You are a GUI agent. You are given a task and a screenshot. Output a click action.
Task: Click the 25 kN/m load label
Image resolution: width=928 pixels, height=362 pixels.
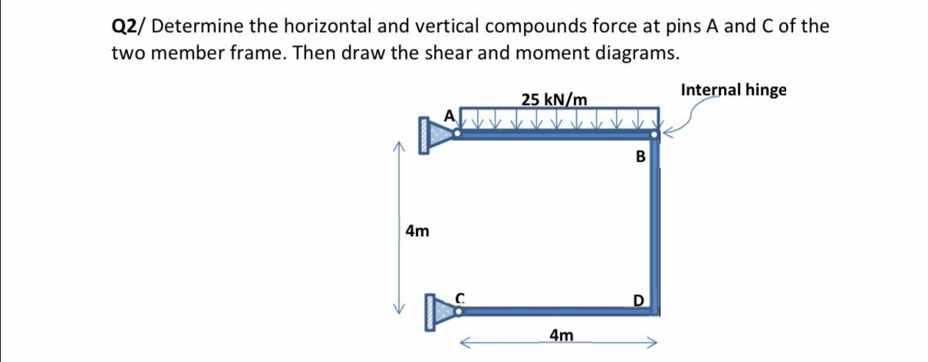554,100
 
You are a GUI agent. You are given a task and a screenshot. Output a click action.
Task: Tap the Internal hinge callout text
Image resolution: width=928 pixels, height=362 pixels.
733,90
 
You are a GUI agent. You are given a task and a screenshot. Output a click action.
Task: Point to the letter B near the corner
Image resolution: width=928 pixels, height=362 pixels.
640,157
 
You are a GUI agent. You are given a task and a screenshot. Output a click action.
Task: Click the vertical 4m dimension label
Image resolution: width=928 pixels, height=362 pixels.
417,230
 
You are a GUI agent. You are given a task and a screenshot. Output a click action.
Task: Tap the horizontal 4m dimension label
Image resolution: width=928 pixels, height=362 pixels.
561,334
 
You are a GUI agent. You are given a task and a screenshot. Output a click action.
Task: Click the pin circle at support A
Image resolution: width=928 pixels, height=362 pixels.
458,134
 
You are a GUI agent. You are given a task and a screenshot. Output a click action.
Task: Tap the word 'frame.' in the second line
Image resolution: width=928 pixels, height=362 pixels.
277,54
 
